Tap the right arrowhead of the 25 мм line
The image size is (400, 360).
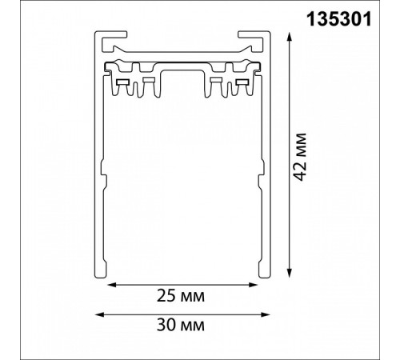pos(254,282)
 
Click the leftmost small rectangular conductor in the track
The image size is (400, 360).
pos(124,82)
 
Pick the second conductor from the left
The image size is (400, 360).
pos(147,82)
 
